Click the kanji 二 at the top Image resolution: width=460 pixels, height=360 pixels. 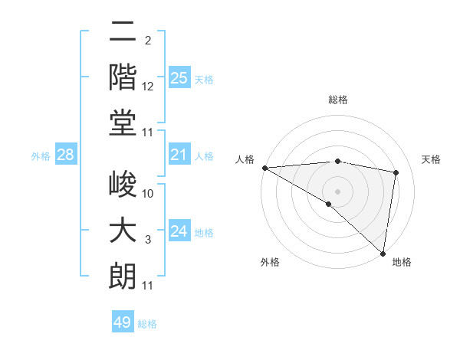click(123, 33)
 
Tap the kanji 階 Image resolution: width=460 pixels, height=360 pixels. click(123, 77)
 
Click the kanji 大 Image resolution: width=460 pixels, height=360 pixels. click(123, 231)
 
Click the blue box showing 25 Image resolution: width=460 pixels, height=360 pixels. click(179, 77)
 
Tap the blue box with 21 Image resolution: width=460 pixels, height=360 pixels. click(179, 155)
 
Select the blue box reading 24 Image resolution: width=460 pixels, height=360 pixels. click(179, 231)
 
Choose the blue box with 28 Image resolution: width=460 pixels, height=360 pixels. click(65, 155)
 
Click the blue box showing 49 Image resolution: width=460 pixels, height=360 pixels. click(123, 322)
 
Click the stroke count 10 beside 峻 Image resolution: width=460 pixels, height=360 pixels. click(148, 194)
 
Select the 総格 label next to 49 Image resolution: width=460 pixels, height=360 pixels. click(147, 324)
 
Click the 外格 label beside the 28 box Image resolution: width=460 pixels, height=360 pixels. click(41, 156)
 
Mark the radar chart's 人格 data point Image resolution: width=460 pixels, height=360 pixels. click(264, 168)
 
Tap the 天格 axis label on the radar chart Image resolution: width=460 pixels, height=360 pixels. click(432, 159)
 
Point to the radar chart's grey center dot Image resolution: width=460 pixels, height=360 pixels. click(337, 190)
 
